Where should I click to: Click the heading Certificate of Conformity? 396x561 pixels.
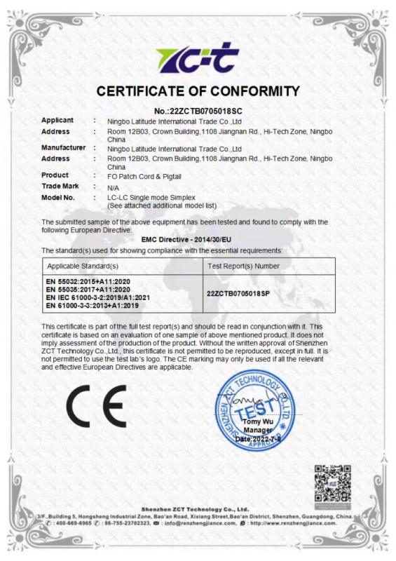click(x=198, y=91)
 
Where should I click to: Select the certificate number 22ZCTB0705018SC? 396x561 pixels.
click(x=198, y=111)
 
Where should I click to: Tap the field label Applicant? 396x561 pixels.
click(x=57, y=121)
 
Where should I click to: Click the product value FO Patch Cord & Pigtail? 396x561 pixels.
click(x=144, y=175)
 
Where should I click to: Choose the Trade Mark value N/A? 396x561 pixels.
click(x=113, y=188)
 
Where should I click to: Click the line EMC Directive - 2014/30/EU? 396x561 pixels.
click(x=196, y=239)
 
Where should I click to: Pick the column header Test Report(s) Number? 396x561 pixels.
click(x=244, y=266)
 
